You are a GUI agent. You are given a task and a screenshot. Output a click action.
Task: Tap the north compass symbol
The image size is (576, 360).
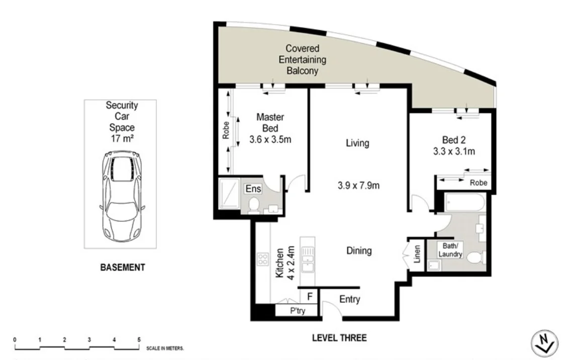pyautogui.click(x=544, y=344)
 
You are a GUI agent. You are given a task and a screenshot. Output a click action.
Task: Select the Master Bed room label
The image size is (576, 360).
pyautogui.click(x=270, y=123)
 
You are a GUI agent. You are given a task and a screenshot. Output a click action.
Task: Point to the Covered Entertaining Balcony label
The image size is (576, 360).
pyautogui.click(x=303, y=60)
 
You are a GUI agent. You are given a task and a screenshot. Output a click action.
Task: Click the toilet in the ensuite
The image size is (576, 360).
pyautogui.click(x=254, y=206)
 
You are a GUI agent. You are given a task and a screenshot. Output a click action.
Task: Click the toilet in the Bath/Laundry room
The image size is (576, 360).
pyautogui.click(x=475, y=257)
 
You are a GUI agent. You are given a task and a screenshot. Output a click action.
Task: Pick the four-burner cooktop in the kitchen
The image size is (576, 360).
pyautogui.click(x=262, y=259)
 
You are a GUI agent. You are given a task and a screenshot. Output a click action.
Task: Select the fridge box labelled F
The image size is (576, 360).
pyautogui.click(x=310, y=297)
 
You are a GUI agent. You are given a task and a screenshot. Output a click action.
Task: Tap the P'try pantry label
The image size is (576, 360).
pyautogui.click(x=298, y=311)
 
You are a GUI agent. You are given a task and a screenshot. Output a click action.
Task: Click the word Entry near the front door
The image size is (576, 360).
pyautogui.click(x=349, y=300)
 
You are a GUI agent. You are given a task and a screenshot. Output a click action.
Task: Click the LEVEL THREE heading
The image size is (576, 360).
pyautogui.click(x=339, y=337)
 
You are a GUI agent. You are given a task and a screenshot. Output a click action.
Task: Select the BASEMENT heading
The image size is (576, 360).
pyautogui.click(x=123, y=267)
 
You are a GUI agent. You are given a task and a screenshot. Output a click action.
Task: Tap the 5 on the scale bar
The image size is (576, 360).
pyautogui.click(x=138, y=340)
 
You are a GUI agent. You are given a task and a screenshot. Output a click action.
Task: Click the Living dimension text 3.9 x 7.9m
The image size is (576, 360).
pyautogui.click(x=358, y=186)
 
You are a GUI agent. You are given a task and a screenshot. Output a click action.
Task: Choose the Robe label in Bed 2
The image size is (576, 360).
pyautogui.click(x=478, y=183)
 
